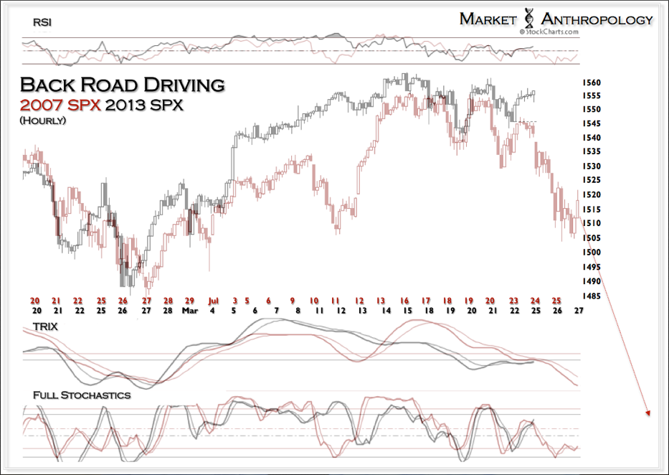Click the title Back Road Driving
(122, 84)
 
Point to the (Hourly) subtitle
(43, 120)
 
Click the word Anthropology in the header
(597, 19)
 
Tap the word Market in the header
(488, 19)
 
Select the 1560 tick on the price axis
(592, 83)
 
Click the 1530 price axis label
(592, 166)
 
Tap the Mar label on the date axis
(190, 312)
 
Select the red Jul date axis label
(213, 301)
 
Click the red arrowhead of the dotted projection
(647, 413)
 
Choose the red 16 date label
(405, 301)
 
